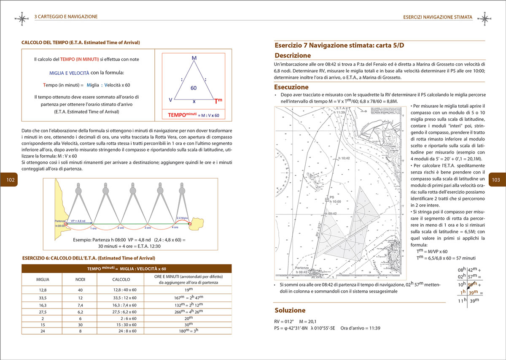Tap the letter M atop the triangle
coord(194,57)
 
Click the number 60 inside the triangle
coord(194,88)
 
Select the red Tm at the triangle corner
coord(218,101)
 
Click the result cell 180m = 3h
coord(188,332)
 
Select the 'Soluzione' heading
coord(290,309)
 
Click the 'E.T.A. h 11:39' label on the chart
coord(339,111)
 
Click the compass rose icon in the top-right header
coord(486,18)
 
